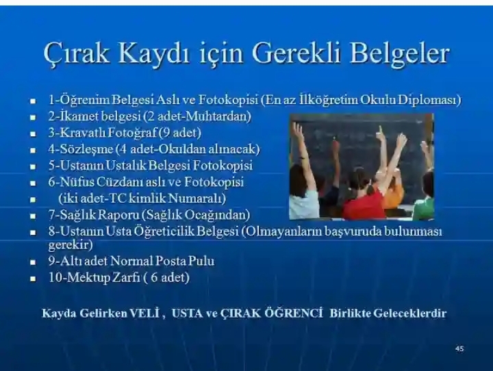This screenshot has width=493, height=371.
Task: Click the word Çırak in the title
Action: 77,53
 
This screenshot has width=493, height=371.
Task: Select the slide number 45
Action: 459,348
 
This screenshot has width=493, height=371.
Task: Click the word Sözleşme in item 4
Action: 86,149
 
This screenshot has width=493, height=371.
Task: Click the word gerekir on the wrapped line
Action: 71,244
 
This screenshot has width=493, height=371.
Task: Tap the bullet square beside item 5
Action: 33,166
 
